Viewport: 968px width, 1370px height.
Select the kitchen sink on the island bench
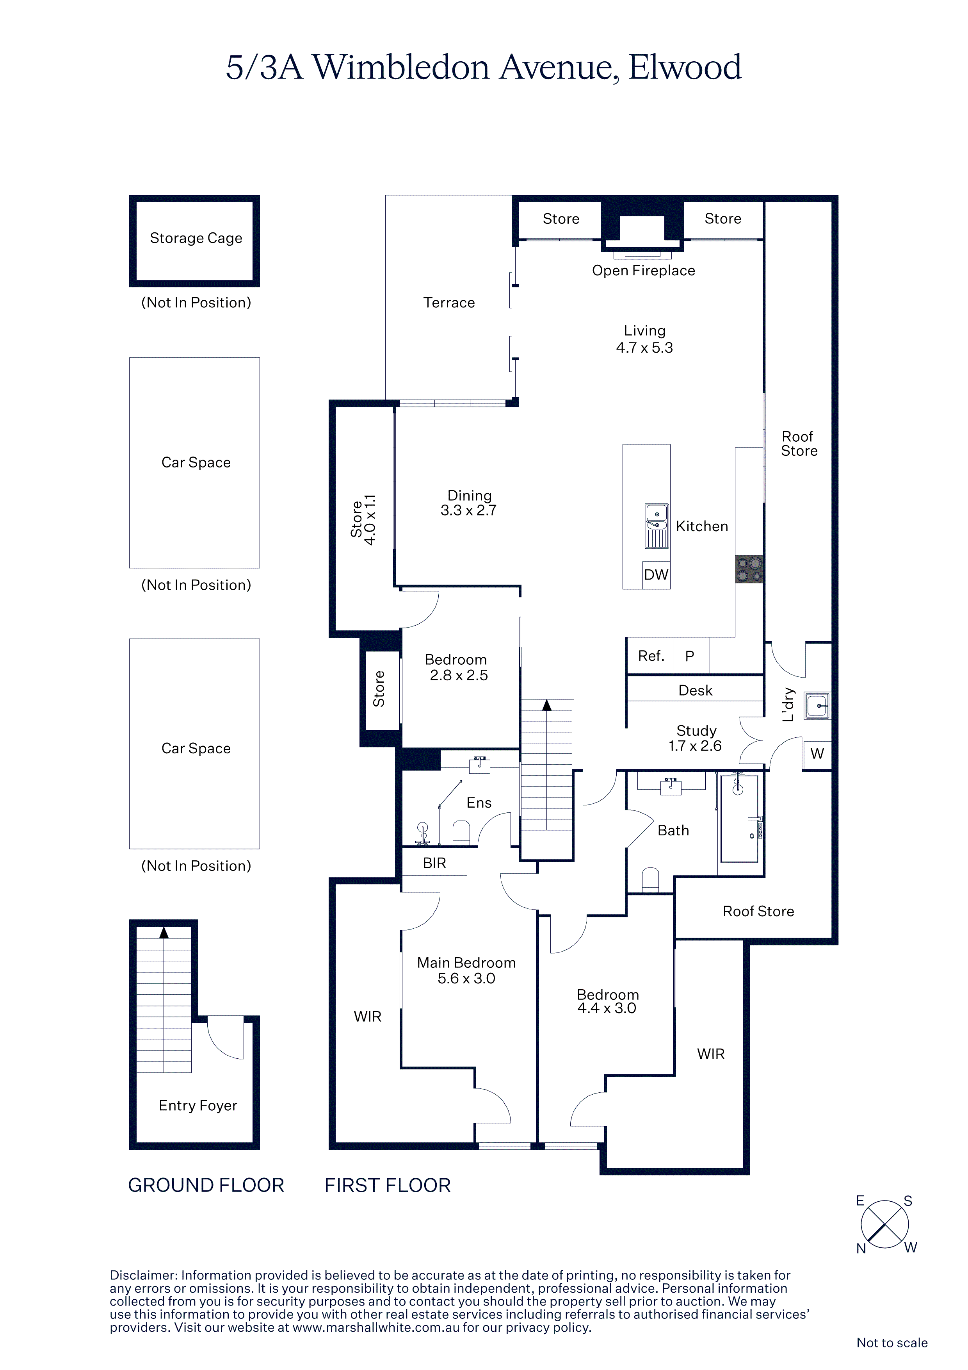click(657, 526)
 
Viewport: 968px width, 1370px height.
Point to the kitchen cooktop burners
click(749, 569)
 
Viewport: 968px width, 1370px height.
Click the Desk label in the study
click(696, 690)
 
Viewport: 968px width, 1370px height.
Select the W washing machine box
click(817, 754)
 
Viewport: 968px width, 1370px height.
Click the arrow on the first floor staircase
click(547, 705)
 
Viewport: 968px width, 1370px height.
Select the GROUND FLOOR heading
click(206, 1185)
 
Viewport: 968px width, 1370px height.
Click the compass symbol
click(885, 1224)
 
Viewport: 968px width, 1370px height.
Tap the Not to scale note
click(891, 1343)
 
